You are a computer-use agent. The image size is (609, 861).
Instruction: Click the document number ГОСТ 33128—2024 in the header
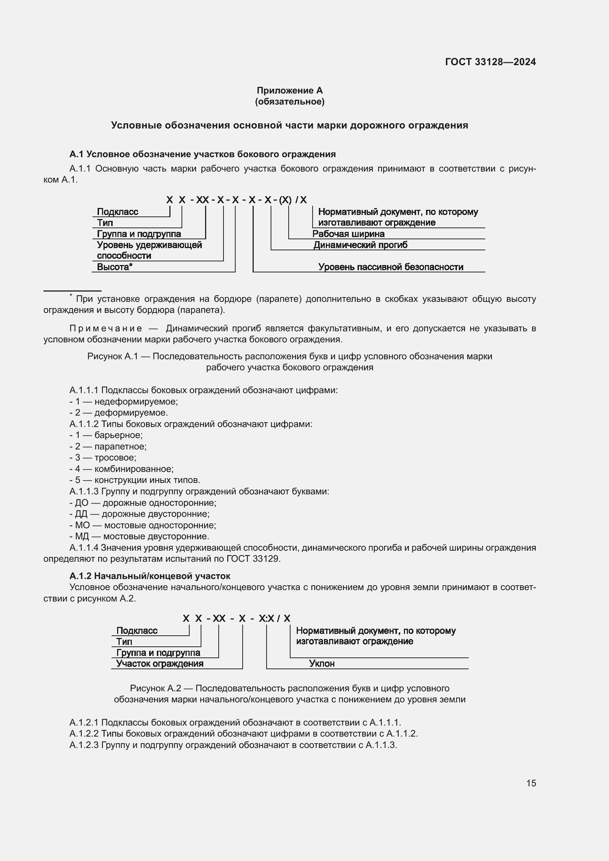pyautogui.click(x=490, y=62)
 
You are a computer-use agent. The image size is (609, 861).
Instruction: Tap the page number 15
pyautogui.click(x=531, y=783)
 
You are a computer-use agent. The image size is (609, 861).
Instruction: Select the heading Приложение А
pyautogui.click(x=289, y=91)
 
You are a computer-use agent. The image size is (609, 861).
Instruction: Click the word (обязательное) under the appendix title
pyautogui.click(x=289, y=102)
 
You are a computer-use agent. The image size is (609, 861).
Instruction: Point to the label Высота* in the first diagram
pyautogui.click(x=115, y=267)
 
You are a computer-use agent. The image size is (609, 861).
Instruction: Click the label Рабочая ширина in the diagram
pyautogui.click(x=348, y=234)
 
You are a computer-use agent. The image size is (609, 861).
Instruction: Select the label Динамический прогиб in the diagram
pyautogui.click(x=360, y=245)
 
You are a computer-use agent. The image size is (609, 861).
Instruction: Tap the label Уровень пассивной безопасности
pyautogui.click(x=391, y=267)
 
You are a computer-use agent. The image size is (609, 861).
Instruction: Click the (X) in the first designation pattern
pyautogui.click(x=285, y=200)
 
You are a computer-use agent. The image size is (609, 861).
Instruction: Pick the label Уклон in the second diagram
pyautogui.click(x=322, y=663)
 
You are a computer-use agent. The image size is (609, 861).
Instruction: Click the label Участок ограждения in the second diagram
pyautogui.click(x=160, y=663)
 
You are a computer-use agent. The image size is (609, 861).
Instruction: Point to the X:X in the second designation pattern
pyautogui.click(x=266, y=618)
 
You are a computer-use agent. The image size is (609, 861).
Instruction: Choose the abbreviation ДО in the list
pyautogui.click(x=82, y=502)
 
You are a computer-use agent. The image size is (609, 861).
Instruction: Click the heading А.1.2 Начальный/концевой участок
pyautogui.click(x=150, y=576)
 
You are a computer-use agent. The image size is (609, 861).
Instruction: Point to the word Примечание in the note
pyautogui.click(x=106, y=328)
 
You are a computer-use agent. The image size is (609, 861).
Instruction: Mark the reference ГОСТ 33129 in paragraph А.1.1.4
pyautogui.click(x=253, y=559)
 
